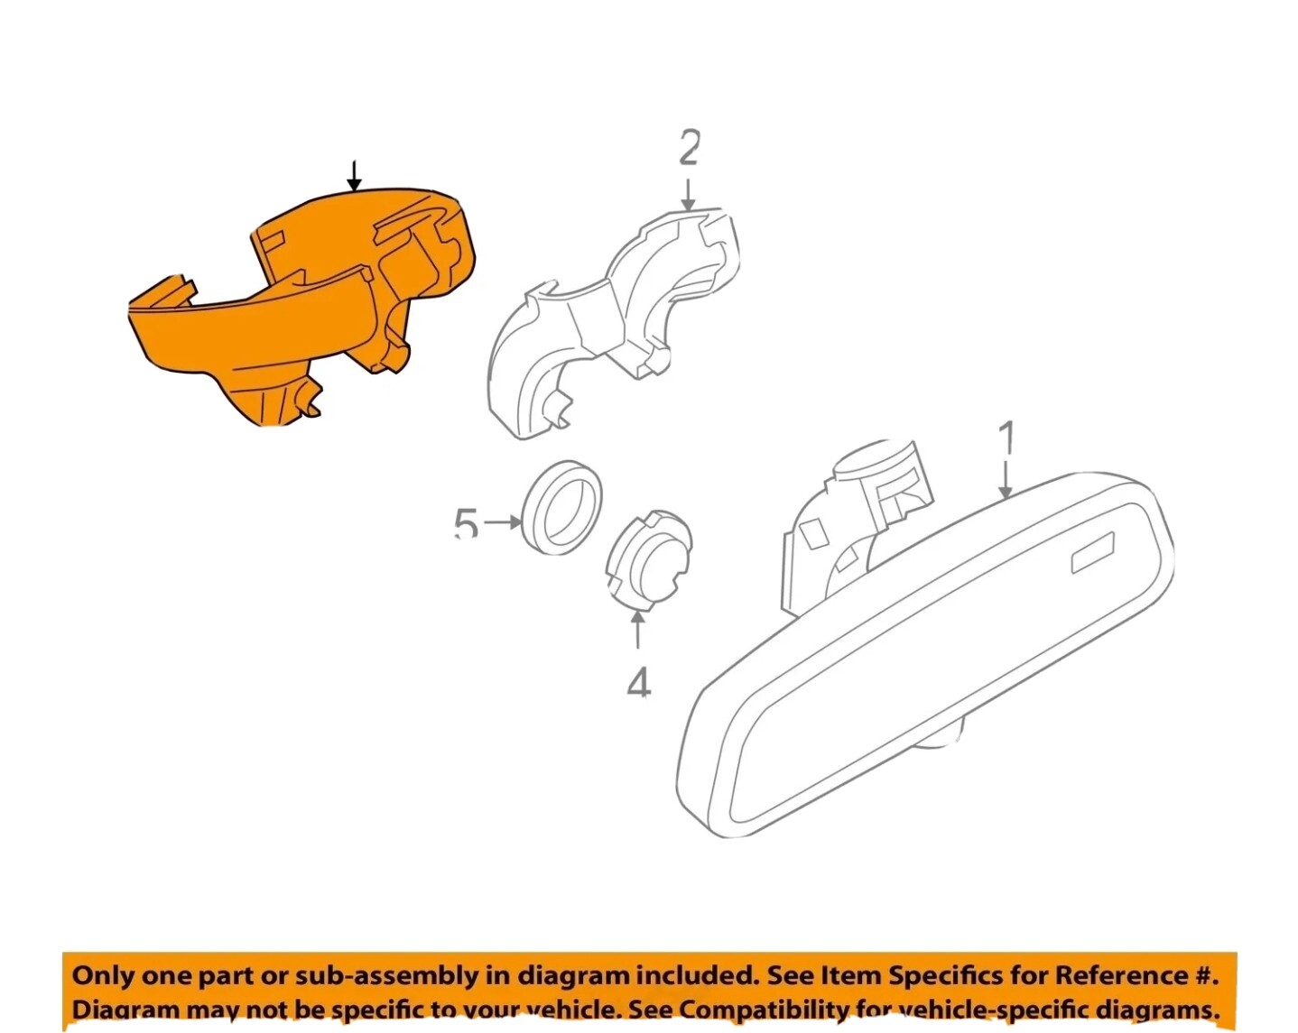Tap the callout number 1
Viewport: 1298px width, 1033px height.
1006,438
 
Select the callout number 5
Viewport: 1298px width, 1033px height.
466,523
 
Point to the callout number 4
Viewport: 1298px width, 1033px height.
638,683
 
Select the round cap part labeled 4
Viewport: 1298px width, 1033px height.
647,558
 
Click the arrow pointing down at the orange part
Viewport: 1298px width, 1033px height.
354,177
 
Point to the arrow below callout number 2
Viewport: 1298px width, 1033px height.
689,194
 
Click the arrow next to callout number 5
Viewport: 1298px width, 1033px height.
504,522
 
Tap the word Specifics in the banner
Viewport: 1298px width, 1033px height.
943,975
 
